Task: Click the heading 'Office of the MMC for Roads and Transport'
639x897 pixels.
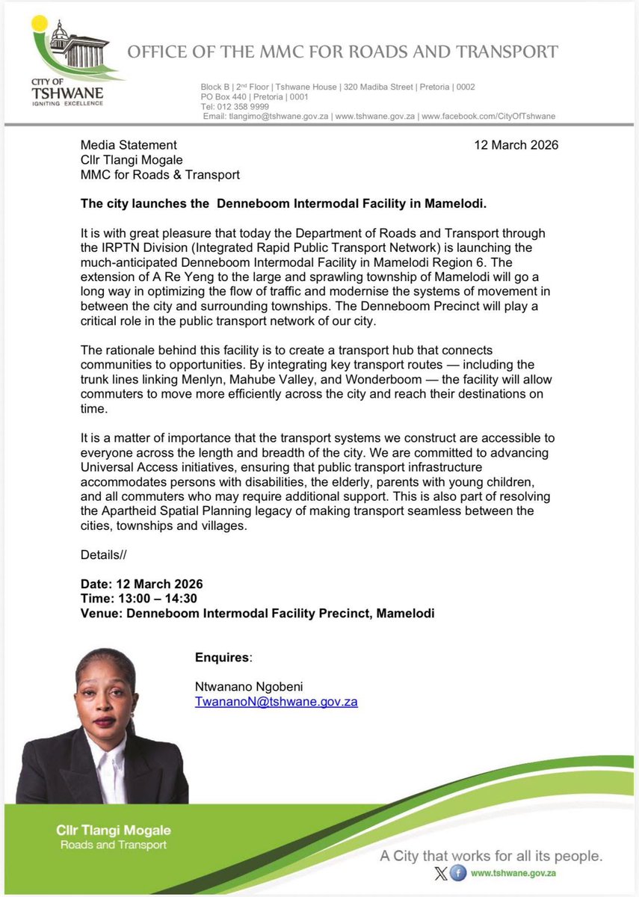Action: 342,52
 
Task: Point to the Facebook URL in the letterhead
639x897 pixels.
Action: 489,116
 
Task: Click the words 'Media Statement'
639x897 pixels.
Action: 129,145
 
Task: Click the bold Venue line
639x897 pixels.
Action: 257,614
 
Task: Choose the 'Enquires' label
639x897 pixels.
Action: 223,657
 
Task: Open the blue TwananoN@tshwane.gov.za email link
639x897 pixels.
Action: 276,702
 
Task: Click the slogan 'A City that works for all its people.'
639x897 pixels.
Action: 491,855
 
